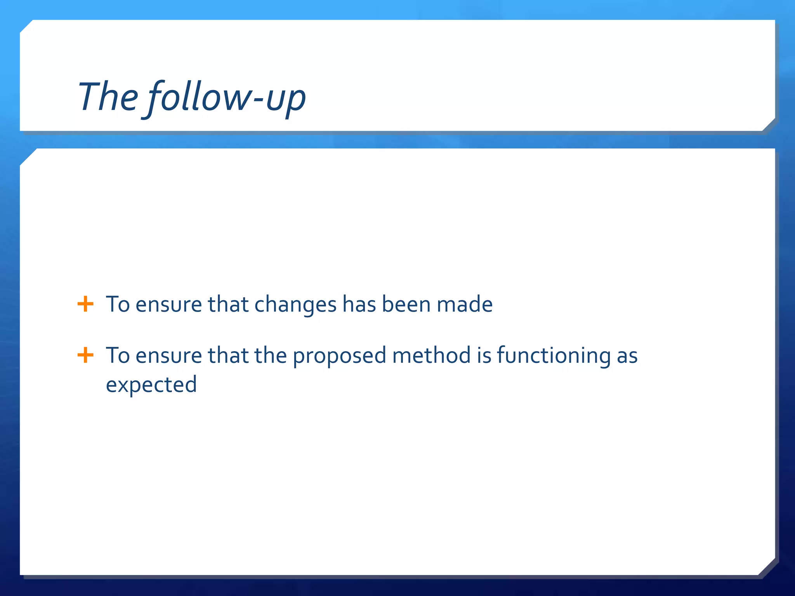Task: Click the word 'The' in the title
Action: (x=108, y=97)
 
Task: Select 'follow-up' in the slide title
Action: (x=227, y=98)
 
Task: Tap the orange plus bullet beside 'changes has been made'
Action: (x=85, y=304)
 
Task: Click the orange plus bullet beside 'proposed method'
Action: (x=85, y=355)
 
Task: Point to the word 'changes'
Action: (x=295, y=305)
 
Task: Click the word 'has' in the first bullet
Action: (x=359, y=304)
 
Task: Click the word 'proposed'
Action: (x=339, y=356)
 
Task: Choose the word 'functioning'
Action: (x=554, y=356)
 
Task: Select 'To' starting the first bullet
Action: (x=118, y=304)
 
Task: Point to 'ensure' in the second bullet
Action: (x=168, y=356)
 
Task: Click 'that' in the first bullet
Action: (x=228, y=304)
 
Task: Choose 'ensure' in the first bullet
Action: (x=168, y=305)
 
